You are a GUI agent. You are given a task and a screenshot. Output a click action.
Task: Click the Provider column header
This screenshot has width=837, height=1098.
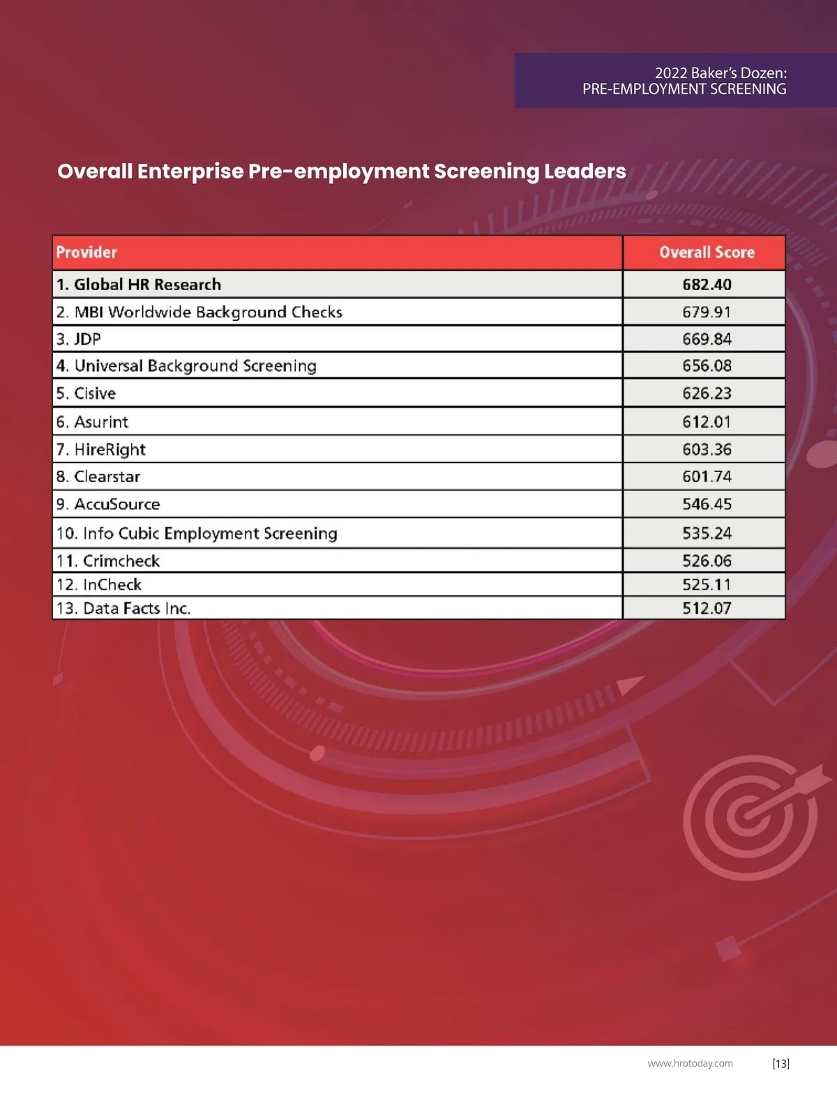(x=86, y=252)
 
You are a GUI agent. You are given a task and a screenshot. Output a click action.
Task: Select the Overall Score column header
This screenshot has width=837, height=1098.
(x=707, y=252)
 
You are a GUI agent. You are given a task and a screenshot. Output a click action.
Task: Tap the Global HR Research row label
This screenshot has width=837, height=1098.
(x=139, y=284)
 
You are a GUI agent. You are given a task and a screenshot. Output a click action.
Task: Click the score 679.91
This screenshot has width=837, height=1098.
(x=707, y=312)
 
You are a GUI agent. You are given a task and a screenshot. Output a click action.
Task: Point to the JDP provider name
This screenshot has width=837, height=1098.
(x=79, y=339)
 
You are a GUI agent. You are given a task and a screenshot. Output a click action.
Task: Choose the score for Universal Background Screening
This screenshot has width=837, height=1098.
(x=707, y=366)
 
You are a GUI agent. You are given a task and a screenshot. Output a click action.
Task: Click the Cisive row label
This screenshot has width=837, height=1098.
(x=86, y=393)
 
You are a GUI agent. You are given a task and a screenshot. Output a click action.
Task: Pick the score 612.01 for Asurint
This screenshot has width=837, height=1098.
(x=707, y=422)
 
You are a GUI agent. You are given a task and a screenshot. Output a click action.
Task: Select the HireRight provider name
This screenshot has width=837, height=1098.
(x=101, y=450)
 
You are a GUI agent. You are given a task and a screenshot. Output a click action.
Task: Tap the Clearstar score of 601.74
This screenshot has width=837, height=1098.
(x=707, y=477)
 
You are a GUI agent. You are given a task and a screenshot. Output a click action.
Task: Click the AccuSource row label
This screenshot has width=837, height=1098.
(x=108, y=504)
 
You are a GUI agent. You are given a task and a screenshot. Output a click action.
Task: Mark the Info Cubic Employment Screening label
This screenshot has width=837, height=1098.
(x=197, y=533)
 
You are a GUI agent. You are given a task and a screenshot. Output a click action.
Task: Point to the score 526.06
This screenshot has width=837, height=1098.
(x=707, y=561)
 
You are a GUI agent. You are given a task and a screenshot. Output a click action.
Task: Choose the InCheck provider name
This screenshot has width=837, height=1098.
(x=99, y=584)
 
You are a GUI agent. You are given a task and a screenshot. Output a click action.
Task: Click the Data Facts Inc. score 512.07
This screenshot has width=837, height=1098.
(x=707, y=608)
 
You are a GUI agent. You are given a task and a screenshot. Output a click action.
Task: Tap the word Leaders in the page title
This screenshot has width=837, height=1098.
(x=585, y=171)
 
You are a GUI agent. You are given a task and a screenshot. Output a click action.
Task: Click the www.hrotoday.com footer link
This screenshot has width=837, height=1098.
(x=690, y=1063)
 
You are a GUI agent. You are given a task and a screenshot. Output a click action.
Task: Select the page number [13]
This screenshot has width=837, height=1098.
(x=781, y=1063)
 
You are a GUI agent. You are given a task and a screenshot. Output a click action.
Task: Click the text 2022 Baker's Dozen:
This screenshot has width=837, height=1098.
(x=721, y=73)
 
